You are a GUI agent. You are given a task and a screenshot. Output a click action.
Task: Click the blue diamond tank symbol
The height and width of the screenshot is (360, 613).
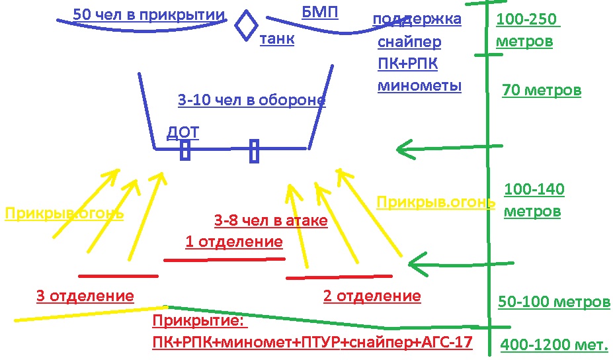coord(247,25)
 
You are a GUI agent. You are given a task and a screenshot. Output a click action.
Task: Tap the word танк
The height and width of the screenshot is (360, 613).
coord(276,39)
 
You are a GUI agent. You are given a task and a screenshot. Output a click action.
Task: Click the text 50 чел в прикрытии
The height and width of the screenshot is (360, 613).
coord(149,14)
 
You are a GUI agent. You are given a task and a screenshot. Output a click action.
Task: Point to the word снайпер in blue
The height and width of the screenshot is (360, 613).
coord(409,43)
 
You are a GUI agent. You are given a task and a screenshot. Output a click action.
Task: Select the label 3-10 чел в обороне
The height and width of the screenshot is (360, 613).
coord(251,101)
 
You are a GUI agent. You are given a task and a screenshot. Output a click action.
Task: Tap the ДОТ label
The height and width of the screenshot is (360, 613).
coord(183,132)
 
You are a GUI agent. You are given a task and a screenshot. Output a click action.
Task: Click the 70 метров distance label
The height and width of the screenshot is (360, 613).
coord(542,90)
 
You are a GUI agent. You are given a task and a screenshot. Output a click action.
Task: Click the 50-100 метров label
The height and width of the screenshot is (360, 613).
coord(553,302)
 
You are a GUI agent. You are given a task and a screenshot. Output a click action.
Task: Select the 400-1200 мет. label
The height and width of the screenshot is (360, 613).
coord(553,345)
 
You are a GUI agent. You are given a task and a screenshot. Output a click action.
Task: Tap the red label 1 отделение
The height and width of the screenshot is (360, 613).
coord(233,242)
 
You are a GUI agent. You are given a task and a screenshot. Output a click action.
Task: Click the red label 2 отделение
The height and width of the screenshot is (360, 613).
coord(372,296)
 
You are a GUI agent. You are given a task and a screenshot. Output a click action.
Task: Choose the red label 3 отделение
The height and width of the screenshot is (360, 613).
coord(85,296)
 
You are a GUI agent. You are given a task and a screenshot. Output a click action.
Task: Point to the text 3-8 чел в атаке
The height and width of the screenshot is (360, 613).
coord(270,220)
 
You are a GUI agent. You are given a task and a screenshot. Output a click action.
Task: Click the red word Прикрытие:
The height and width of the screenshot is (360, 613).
coord(199,322)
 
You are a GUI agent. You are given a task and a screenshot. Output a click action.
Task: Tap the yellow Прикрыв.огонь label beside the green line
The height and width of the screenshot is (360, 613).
coord(435,202)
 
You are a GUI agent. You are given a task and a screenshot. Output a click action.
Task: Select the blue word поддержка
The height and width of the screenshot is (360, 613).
coord(417,19)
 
